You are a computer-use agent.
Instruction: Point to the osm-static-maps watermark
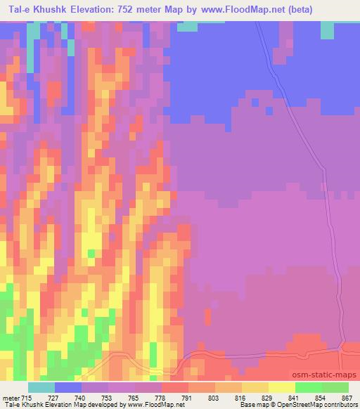click(326, 375)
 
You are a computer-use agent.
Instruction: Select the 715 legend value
click(27, 397)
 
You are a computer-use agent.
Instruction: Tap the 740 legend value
click(81, 397)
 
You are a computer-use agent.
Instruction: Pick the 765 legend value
click(134, 397)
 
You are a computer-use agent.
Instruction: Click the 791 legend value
click(188, 397)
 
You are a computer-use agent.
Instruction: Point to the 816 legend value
click(241, 397)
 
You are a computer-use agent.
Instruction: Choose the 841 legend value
click(295, 397)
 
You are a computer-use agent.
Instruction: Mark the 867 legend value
click(347, 397)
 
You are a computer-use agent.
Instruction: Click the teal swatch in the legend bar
click(41, 387)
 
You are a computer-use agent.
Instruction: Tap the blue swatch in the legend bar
click(67, 387)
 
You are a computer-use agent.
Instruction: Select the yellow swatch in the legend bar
click(281, 387)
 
